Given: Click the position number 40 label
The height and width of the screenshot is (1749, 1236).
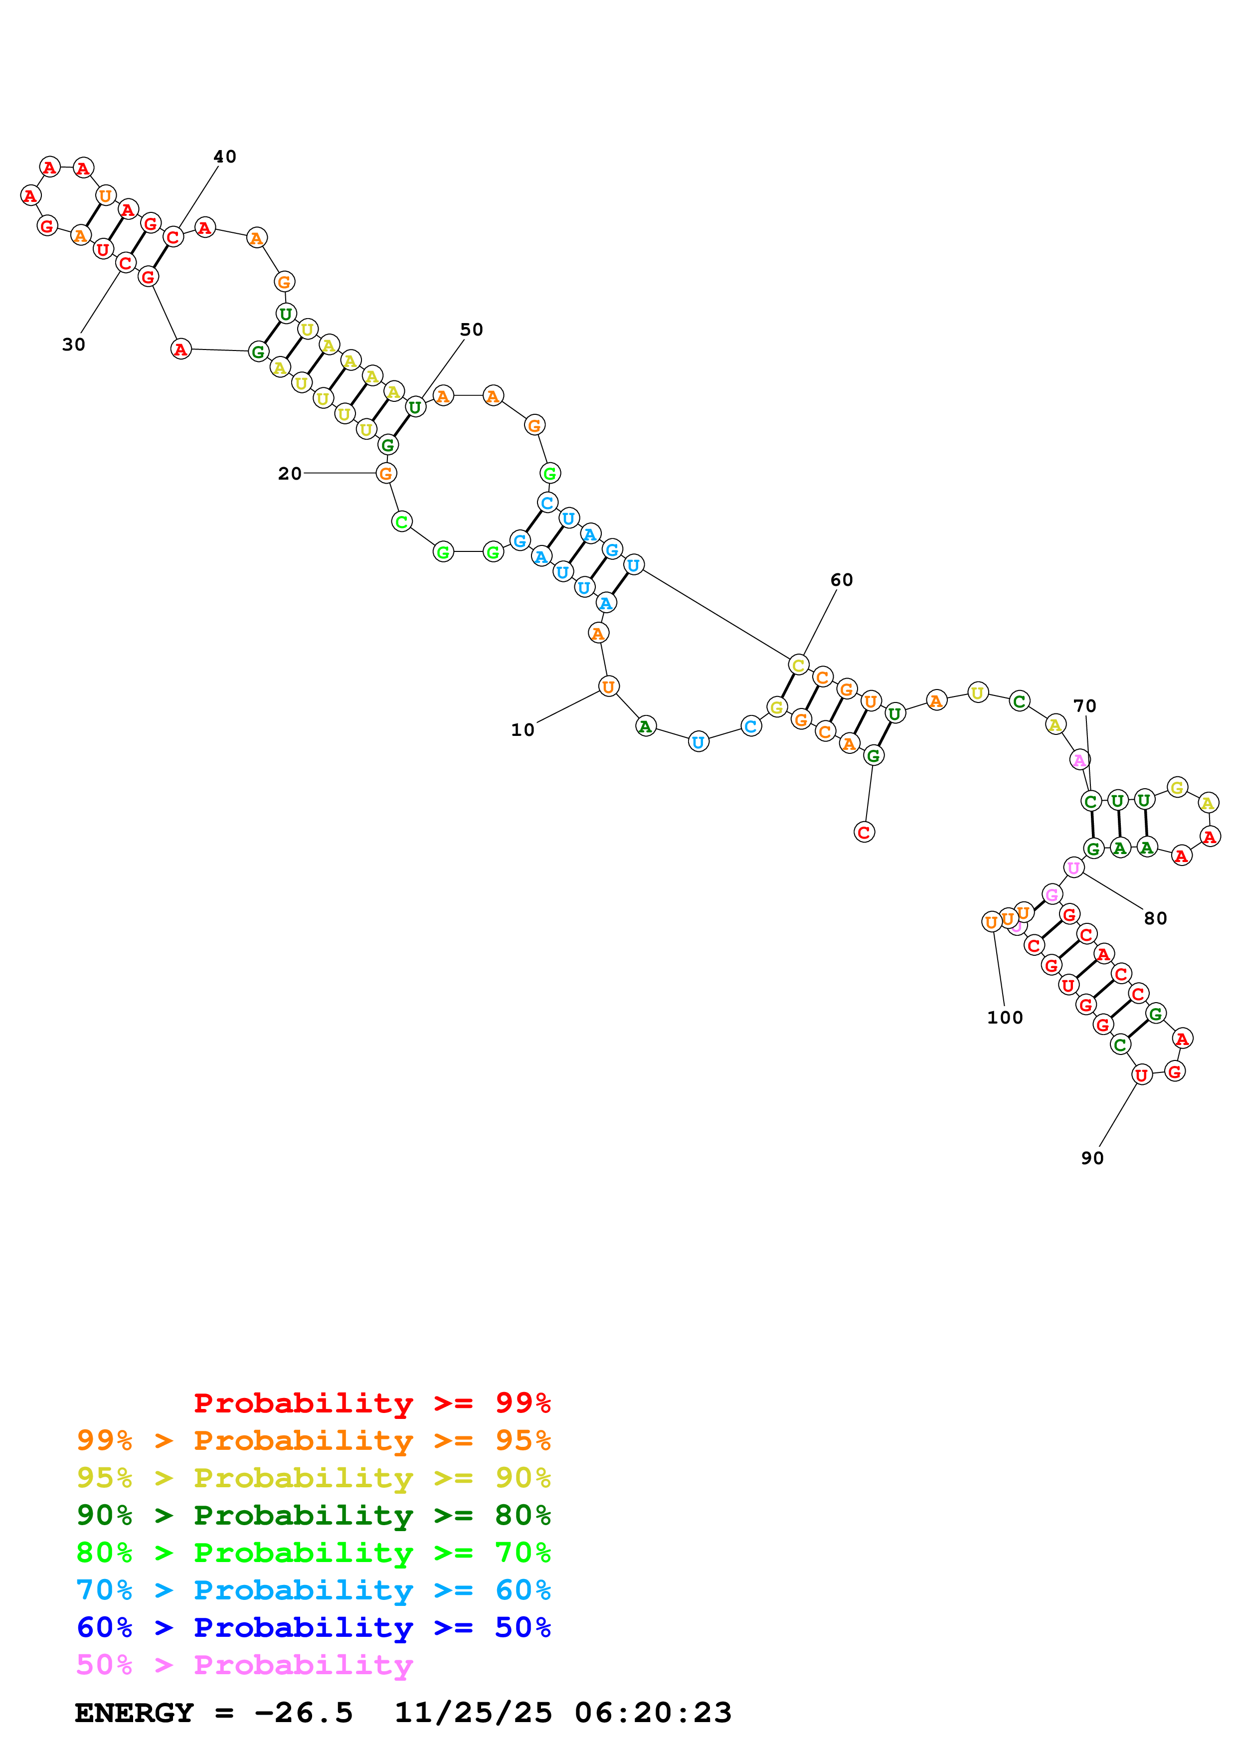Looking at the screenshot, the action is pos(225,157).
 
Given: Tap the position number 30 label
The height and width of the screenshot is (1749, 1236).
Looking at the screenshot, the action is pos(74,345).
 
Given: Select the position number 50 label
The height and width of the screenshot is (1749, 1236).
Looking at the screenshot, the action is pos(471,330).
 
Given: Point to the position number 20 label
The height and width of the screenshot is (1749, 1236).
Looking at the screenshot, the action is pos(289,474).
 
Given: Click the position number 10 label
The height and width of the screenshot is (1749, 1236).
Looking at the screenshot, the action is pos(523,730).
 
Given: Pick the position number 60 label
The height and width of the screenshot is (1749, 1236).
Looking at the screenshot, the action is pos(842,580).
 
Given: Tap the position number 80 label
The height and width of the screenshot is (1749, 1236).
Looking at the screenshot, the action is pos(1155,919).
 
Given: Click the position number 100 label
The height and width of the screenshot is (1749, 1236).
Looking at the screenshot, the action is pos(1005,1018).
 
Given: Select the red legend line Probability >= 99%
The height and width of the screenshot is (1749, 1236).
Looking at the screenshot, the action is pos(371,1403).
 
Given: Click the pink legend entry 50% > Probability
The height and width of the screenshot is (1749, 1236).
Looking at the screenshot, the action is pos(244,1665).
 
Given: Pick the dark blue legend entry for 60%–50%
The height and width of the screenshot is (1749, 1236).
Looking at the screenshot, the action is pos(313,1628).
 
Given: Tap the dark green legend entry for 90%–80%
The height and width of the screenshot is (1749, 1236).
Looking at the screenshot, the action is pos(313,1515).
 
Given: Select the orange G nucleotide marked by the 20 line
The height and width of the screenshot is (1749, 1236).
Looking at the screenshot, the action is pos(386,474).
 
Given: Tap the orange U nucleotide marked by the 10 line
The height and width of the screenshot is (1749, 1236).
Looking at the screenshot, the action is pos(608,687).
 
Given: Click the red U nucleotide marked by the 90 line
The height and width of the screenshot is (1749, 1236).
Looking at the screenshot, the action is pos(1141,1075).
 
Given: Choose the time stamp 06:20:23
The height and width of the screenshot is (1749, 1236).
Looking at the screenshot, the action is pos(653,1713).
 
